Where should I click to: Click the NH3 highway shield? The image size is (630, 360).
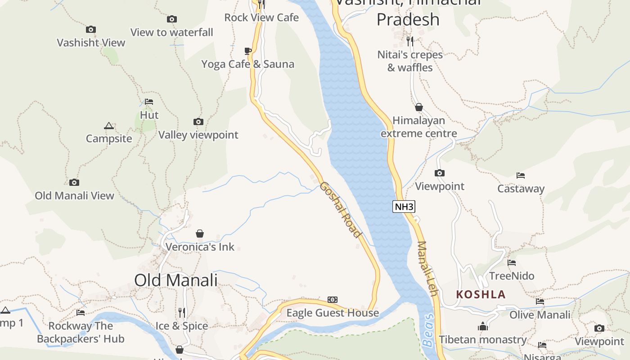click(x=404, y=207)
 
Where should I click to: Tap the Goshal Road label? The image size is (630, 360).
click(x=340, y=210)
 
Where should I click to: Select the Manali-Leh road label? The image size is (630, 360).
click(x=427, y=269)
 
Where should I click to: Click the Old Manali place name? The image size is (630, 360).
click(x=175, y=280)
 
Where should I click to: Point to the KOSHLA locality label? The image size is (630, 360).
click(x=481, y=295)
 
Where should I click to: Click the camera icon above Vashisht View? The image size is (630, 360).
click(x=91, y=30)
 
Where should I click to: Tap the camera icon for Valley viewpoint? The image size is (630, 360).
click(x=198, y=122)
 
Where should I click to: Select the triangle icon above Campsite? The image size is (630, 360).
click(x=108, y=126)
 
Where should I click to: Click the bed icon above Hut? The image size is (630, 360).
click(x=149, y=102)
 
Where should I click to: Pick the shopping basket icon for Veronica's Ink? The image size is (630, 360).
click(x=200, y=234)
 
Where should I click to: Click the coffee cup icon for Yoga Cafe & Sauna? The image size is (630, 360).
click(x=247, y=51)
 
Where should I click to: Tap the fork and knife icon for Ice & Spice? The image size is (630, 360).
click(x=182, y=312)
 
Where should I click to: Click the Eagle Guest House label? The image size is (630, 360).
click(x=333, y=313)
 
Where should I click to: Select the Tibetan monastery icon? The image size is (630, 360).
click(x=483, y=326)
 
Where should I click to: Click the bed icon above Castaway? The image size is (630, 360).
click(x=521, y=175)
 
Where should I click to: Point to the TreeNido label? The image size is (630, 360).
click(x=512, y=276)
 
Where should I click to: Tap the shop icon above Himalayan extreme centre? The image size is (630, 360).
click(x=418, y=107)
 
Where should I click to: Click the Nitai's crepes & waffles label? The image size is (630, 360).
click(x=410, y=61)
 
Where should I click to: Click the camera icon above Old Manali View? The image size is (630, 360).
click(x=74, y=183)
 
